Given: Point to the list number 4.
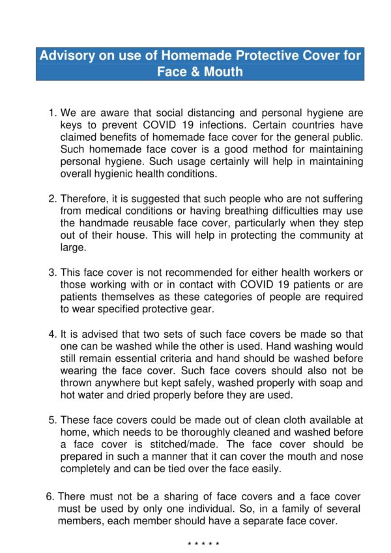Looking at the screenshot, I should [53, 334].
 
